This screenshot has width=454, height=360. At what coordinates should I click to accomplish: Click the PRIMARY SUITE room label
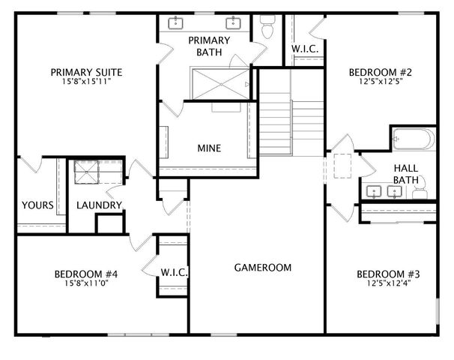coord(86,72)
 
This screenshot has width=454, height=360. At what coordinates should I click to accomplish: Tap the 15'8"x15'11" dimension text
coord(86,82)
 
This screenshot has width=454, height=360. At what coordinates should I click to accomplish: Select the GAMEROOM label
coord(262,267)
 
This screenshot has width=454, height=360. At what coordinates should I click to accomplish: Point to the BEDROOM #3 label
coord(387,274)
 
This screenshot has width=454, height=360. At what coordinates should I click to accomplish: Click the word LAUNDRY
coord(99,205)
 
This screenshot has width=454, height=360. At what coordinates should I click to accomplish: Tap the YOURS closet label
coord(37,205)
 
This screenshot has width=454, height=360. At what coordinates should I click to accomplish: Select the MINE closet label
coord(209,148)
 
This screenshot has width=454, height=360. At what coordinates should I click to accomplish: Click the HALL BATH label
coord(405,174)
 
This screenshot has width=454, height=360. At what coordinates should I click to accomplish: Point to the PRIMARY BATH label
coord(209,46)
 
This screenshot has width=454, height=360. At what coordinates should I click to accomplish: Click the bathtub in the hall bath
coord(412,139)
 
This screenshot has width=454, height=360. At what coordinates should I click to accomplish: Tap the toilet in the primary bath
coord(267,27)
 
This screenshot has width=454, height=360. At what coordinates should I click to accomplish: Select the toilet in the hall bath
coord(420,188)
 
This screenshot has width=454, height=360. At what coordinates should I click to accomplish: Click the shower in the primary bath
coord(220,82)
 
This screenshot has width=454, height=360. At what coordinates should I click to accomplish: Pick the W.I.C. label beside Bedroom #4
coord(174,271)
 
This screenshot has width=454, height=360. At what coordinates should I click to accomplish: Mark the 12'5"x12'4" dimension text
coord(387,283)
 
